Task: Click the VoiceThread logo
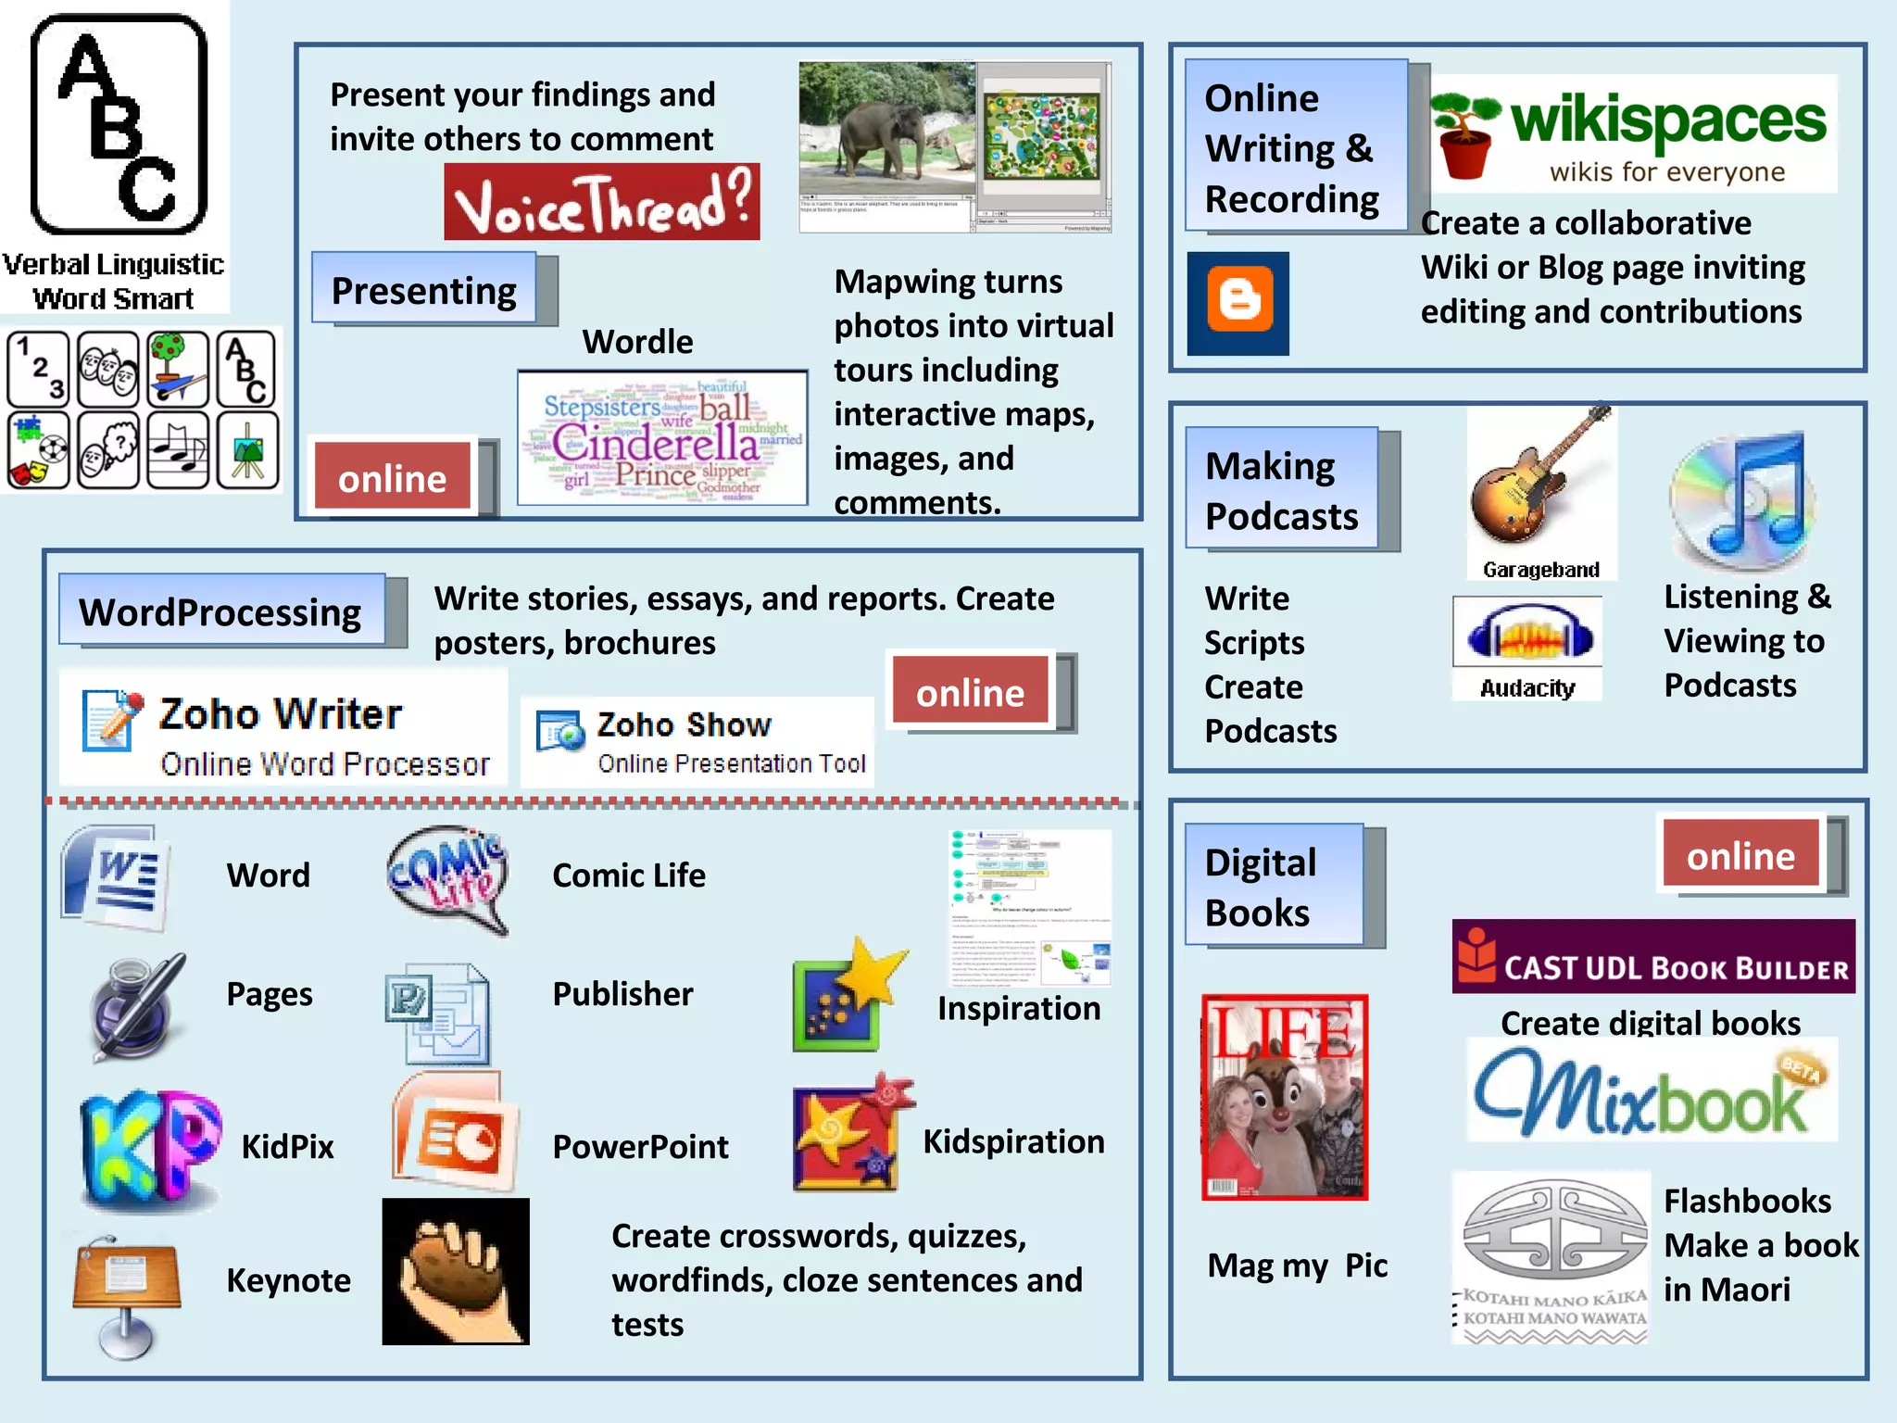[601, 202]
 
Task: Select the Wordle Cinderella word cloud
[661, 438]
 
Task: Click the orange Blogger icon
[1238, 302]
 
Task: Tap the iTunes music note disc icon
[1742, 500]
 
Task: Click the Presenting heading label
[424, 290]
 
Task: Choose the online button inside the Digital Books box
[1740, 854]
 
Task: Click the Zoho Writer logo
[283, 731]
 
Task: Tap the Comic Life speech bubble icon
[448, 878]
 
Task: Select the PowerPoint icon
[455, 1135]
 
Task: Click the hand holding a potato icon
[456, 1272]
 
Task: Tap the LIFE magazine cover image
[1284, 1097]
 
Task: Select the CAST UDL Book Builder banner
[1652, 958]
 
